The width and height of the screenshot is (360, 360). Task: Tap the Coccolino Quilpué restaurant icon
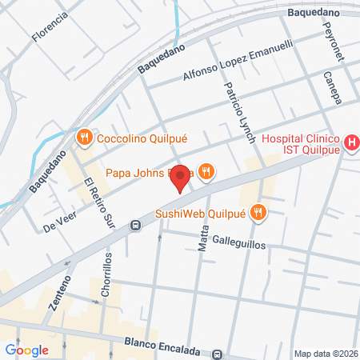[83, 138]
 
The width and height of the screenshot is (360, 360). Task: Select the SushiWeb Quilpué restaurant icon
[258, 212]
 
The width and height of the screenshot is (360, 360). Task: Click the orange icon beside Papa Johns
[206, 172]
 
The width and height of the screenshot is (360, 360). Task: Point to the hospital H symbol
[350, 143]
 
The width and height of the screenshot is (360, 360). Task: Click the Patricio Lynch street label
[239, 112]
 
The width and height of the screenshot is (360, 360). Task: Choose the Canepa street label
[333, 87]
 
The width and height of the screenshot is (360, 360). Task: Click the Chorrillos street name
[107, 276]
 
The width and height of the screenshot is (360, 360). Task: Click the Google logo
[26, 350]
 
